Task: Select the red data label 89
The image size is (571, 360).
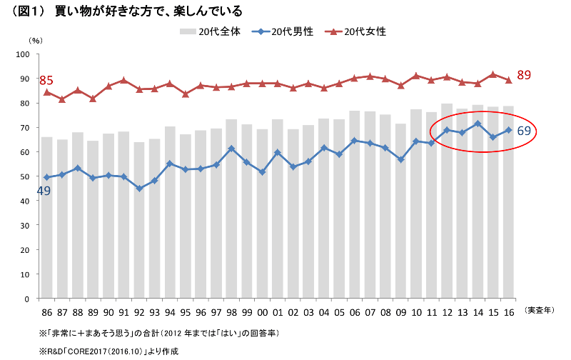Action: (x=524, y=75)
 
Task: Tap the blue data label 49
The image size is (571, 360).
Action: (x=44, y=191)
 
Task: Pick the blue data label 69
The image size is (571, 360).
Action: (x=523, y=131)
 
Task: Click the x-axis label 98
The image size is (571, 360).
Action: (x=231, y=311)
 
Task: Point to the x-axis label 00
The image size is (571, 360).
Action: (x=262, y=311)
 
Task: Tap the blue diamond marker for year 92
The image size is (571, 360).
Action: (x=139, y=189)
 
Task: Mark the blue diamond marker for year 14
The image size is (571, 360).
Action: (x=477, y=124)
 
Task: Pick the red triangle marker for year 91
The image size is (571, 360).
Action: (x=123, y=81)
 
